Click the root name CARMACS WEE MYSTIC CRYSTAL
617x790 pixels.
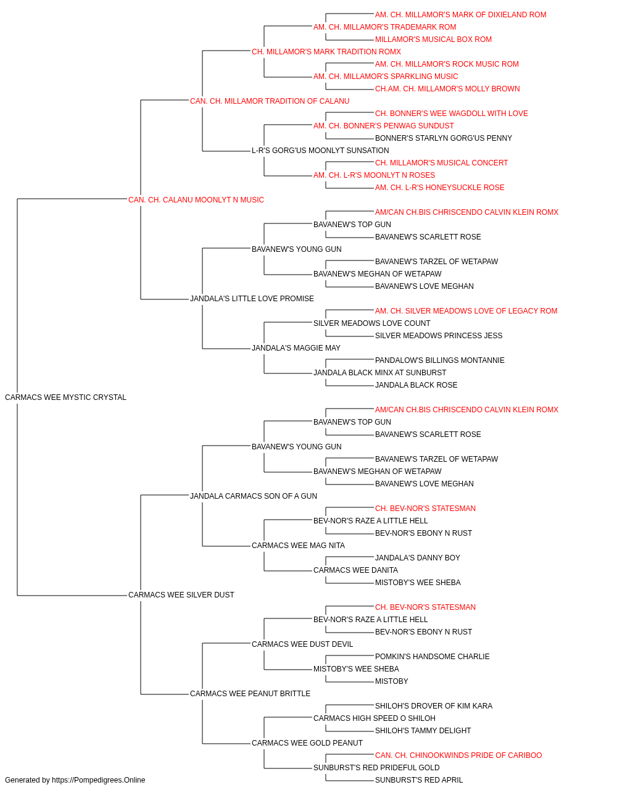coord(65,397)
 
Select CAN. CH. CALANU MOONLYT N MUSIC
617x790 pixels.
coord(196,200)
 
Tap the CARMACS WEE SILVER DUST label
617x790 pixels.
coord(181,595)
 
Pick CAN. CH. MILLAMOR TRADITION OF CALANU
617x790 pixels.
coord(269,101)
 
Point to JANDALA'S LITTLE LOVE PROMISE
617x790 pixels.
coord(252,299)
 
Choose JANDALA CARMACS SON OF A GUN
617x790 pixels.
coord(253,496)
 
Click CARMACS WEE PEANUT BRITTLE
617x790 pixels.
coord(250,694)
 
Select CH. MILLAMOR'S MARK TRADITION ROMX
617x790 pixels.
coord(326,52)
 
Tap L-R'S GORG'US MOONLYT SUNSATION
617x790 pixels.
coord(320,151)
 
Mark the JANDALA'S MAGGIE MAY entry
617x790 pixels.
coord(296,348)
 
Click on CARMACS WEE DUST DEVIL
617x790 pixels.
coord(302,644)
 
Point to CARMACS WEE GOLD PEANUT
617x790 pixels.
coord(307,743)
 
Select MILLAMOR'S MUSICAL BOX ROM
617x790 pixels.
coord(433,39)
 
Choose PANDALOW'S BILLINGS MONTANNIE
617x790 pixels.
coord(440,360)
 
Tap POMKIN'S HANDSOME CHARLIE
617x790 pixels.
coord(432,657)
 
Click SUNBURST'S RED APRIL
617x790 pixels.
coord(419,780)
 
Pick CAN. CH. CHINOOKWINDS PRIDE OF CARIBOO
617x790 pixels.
coord(458,755)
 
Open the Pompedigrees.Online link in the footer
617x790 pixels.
coord(99,780)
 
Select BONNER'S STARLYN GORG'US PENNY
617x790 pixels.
coord(443,138)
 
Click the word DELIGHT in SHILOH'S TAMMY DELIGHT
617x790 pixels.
coord(455,731)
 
